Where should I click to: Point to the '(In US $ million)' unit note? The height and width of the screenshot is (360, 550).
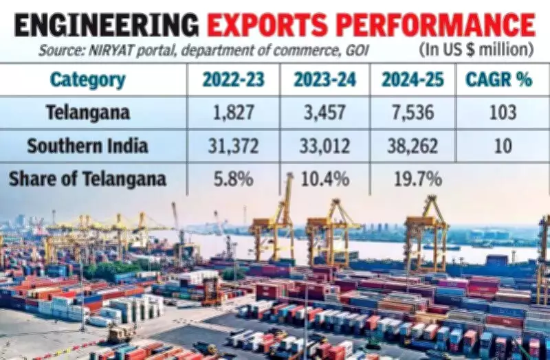(475, 50)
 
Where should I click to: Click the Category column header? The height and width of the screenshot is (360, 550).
(87, 80)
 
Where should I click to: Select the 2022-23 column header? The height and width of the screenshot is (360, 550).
(233, 80)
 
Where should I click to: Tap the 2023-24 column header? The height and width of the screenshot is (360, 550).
(324, 80)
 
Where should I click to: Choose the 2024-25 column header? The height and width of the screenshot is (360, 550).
(412, 80)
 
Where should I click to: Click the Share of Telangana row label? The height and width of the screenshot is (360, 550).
(87, 179)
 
